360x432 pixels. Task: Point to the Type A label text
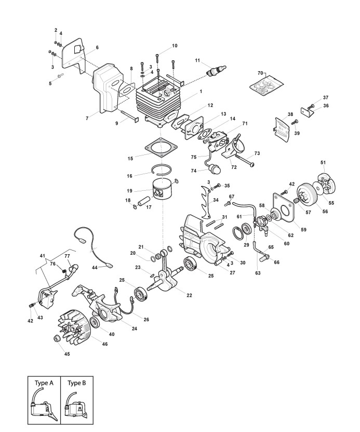pos(44,383)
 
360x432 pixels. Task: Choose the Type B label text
pos(76,383)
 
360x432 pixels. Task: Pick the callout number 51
pos(324,163)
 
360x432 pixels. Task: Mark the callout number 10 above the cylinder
pos(175,46)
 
